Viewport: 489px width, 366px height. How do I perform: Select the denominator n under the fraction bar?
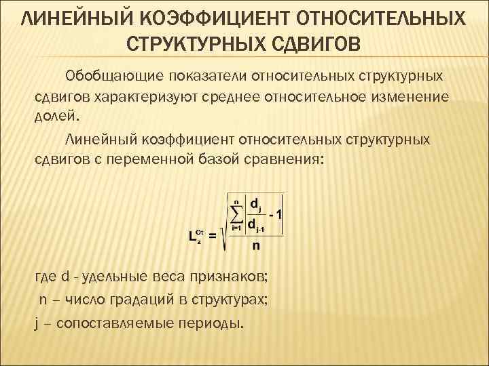(256, 245)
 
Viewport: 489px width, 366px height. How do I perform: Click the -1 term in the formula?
(276, 214)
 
